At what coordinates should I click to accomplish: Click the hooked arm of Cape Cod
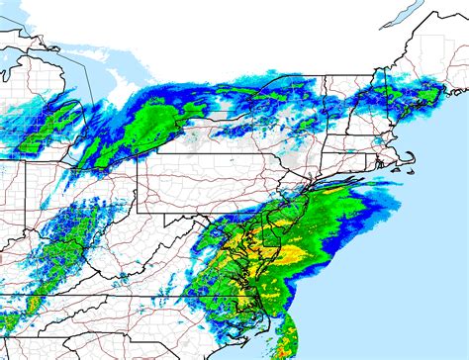[405, 153]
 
